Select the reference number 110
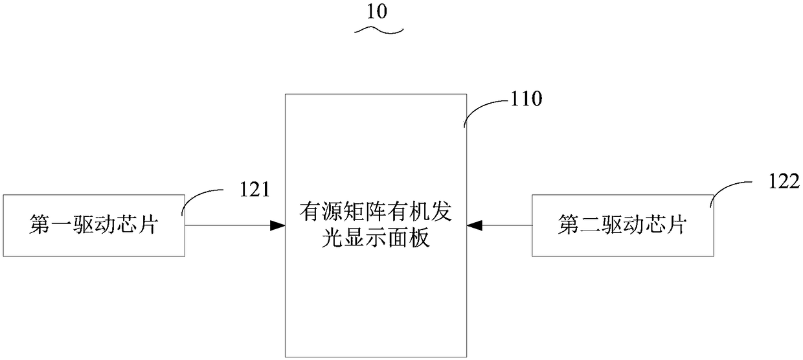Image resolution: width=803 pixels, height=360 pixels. pos(528,99)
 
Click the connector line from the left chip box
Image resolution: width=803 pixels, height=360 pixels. pos(227,225)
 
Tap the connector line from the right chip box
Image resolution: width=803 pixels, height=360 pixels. pos(508,225)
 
